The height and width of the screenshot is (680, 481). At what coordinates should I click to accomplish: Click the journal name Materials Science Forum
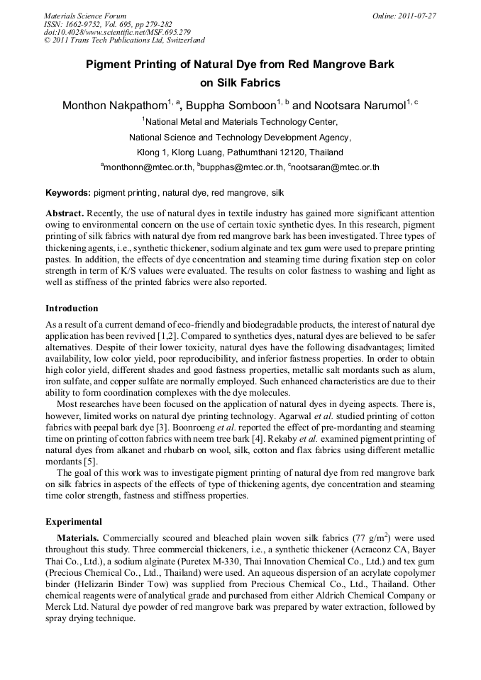point(85,16)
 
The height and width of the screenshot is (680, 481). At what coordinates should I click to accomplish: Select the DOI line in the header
point(117,32)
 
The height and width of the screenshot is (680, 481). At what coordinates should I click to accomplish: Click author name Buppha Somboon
point(231,106)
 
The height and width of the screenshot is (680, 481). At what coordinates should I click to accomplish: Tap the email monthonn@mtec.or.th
point(148,168)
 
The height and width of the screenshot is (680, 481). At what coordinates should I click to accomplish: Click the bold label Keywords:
point(68,193)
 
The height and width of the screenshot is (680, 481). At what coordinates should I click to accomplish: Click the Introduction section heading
point(72,308)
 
